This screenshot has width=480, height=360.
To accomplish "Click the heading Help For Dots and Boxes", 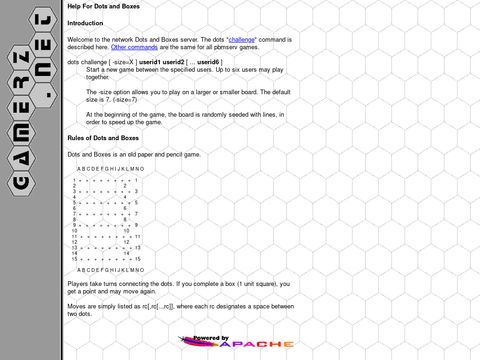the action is click(103, 6).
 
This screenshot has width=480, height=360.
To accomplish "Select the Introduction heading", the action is click(85, 22).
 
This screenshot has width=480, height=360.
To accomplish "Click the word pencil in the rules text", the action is click(172, 155).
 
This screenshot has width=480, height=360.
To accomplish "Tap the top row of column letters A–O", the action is click(110, 169).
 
